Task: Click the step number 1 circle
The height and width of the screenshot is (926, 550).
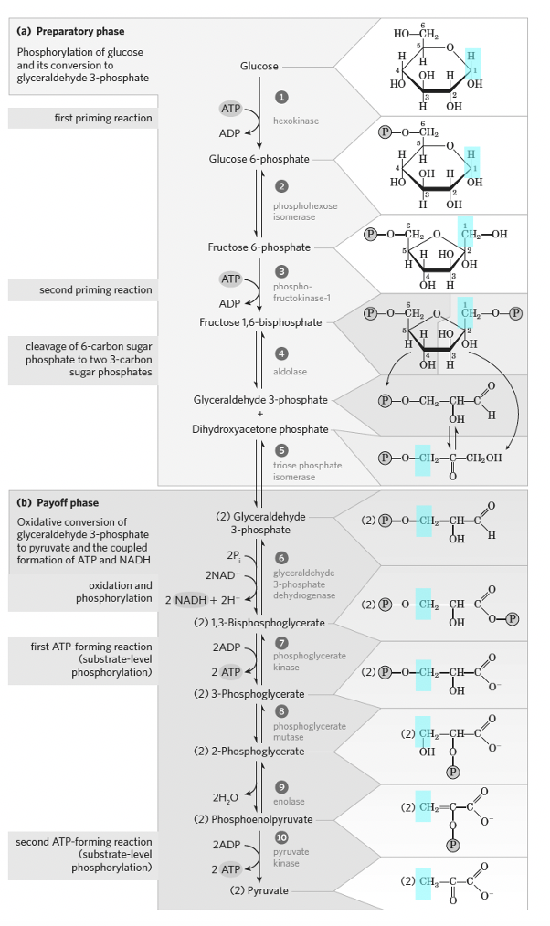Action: [282, 97]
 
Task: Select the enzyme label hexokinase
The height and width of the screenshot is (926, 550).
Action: [296, 121]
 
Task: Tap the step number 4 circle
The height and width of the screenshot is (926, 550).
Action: [282, 353]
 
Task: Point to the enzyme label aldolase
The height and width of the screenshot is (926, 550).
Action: [291, 373]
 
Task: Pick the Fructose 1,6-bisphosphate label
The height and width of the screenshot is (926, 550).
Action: [260, 322]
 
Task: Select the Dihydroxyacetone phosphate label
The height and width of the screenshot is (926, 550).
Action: [260, 428]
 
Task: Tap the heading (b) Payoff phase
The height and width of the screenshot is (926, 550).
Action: [58, 503]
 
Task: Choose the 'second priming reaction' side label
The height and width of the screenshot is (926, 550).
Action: [95, 290]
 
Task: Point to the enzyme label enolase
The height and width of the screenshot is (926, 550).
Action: [289, 801]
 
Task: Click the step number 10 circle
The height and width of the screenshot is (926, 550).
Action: [282, 837]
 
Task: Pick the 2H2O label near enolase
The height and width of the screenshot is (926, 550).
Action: [225, 797]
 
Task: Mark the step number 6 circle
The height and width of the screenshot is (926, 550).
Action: [282, 558]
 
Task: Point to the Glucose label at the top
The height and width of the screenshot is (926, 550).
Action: [259, 66]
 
